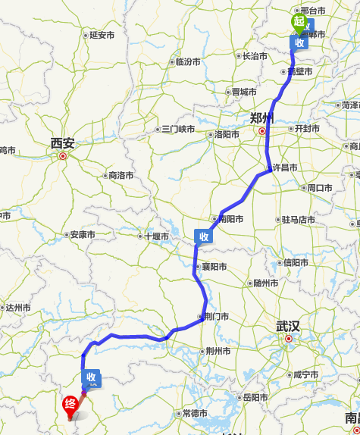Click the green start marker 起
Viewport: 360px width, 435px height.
299,23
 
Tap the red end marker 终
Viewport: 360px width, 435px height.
70,404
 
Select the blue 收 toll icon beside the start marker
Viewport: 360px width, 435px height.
301,42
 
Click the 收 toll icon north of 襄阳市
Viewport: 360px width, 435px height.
203,236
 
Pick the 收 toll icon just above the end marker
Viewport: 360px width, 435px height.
92,377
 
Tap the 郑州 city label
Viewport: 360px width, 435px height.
262,117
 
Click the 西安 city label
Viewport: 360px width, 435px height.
63,142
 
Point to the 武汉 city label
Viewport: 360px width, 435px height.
288,327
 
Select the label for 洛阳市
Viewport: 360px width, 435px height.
227,134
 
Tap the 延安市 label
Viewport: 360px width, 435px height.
102,35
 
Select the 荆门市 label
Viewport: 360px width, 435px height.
214,317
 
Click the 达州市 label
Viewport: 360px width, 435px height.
17,308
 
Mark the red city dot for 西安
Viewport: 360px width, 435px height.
63,157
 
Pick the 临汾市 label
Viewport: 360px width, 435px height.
189,62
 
